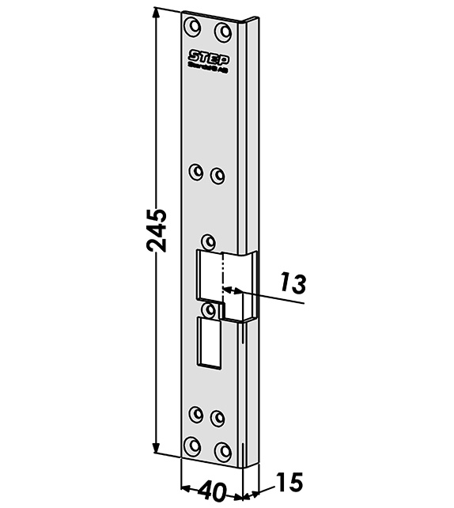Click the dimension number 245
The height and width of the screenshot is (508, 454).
tap(157, 230)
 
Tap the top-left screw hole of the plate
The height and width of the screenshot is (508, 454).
tap(191, 27)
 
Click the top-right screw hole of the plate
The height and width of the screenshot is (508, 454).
tap(224, 32)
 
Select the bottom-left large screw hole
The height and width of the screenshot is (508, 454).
tap(191, 445)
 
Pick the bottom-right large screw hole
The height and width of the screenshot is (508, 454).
tap(224, 450)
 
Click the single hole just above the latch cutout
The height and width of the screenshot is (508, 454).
tap(208, 240)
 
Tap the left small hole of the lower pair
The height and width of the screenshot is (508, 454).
tap(196, 411)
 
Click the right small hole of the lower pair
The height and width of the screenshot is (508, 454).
tap(218, 415)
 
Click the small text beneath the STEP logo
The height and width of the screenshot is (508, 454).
tap(207, 69)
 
